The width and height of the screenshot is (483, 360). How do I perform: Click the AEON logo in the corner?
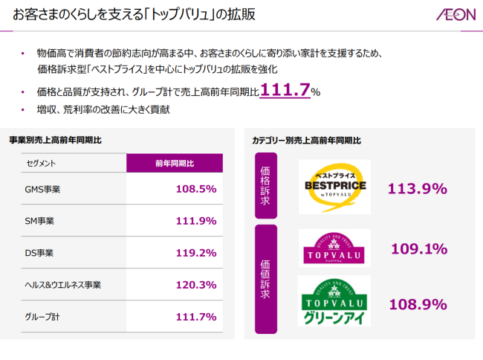coord(452,16)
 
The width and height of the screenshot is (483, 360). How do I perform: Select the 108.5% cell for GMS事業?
coord(195,189)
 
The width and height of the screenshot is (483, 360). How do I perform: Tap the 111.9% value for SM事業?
coord(195,221)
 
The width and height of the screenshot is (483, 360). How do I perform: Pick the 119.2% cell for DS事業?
coord(195,253)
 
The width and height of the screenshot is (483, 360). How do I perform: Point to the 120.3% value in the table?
coord(195,285)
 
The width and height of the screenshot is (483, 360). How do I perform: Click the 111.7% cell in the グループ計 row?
coord(195,317)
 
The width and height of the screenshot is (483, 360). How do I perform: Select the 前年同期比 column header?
coord(175,163)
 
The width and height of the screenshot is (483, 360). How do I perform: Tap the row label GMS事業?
coord(42,190)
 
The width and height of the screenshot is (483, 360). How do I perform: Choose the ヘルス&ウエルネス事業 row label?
coord(62,286)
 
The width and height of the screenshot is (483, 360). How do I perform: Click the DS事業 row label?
coord(39,254)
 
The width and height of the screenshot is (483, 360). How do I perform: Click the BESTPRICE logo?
coord(334,186)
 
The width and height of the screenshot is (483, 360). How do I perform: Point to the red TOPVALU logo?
coord(334,248)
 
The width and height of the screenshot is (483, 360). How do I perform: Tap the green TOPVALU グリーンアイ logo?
coord(334,301)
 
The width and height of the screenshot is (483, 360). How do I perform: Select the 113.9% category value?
coord(417,188)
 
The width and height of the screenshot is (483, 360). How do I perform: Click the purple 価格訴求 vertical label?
coord(265,185)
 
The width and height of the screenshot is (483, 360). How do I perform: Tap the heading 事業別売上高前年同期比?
coord(56,140)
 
